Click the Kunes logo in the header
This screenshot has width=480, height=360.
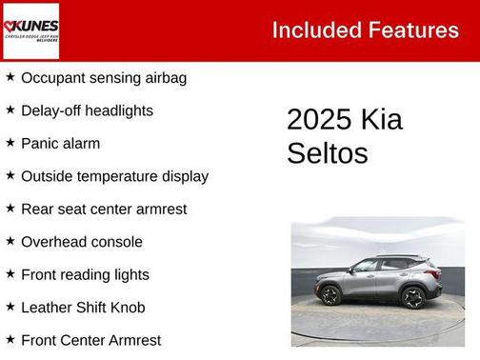[31, 30]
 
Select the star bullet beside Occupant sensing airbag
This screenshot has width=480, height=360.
[10, 77]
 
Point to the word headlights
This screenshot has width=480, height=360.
[118, 110]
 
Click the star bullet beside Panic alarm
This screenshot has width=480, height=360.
[10, 143]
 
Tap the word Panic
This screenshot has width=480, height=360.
[39, 144]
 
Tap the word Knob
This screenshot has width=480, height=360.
[135, 307]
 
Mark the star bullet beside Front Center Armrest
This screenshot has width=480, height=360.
[10, 339]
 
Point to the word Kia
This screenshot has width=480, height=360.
[381, 120]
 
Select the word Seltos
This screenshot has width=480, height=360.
[327, 153]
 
